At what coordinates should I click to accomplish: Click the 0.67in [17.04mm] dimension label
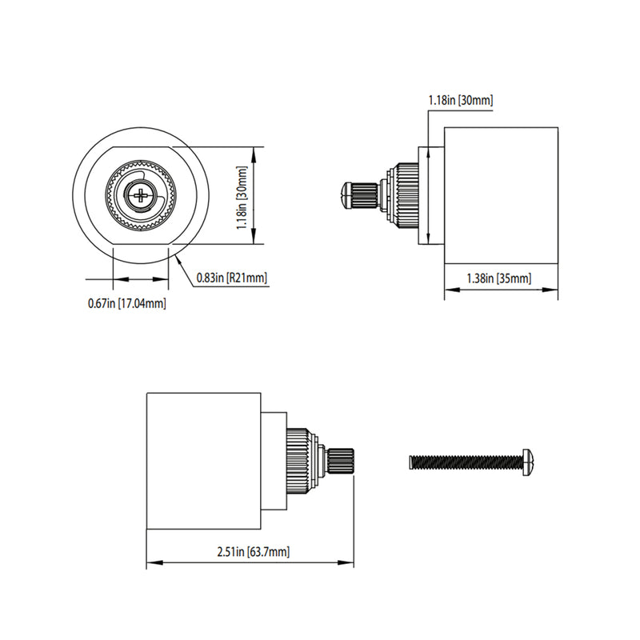[127, 303]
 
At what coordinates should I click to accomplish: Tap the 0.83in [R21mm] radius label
[232, 278]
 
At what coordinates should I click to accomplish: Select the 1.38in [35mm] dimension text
[499, 278]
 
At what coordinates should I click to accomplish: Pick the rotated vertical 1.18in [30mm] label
[242, 196]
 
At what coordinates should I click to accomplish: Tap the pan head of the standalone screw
[528, 462]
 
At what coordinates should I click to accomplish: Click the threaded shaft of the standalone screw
[464, 462]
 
